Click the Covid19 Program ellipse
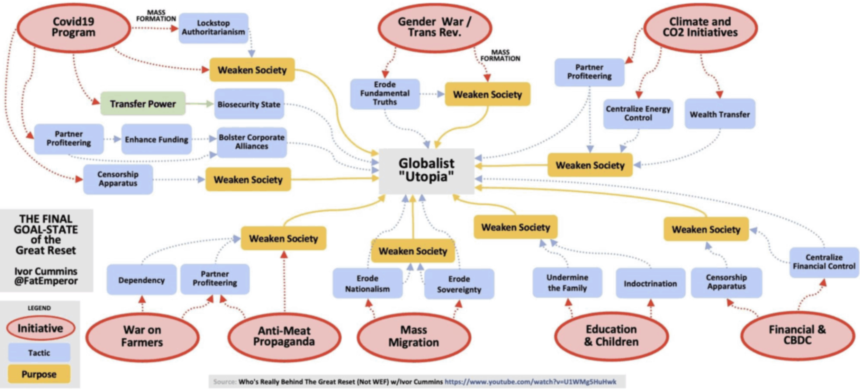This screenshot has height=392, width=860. (x=74, y=27)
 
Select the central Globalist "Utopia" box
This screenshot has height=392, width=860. (x=426, y=170)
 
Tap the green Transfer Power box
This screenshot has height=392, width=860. (x=143, y=104)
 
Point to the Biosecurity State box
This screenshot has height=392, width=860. (x=249, y=104)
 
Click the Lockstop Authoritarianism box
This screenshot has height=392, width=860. (x=213, y=28)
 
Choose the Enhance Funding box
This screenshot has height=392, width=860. (x=157, y=140)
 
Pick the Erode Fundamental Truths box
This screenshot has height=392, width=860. (x=385, y=93)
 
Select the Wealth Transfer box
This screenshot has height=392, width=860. (x=720, y=114)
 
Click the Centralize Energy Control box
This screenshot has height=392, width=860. (x=638, y=113)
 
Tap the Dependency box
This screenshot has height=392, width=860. (x=141, y=280)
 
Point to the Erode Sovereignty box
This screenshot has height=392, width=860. (x=459, y=284)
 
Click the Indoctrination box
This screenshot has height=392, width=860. (x=650, y=283)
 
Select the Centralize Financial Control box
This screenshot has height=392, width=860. (x=824, y=262)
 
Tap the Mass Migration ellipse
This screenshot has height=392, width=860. (x=413, y=336)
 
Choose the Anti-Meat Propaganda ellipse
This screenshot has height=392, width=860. (x=284, y=336)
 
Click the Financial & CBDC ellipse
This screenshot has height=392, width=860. (x=797, y=335)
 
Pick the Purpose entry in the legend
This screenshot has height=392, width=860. (x=39, y=374)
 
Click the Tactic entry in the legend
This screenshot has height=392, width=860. (x=39, y=352)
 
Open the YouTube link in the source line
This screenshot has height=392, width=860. (x=530, y=382)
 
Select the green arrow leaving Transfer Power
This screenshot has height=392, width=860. (x=200, y=104)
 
